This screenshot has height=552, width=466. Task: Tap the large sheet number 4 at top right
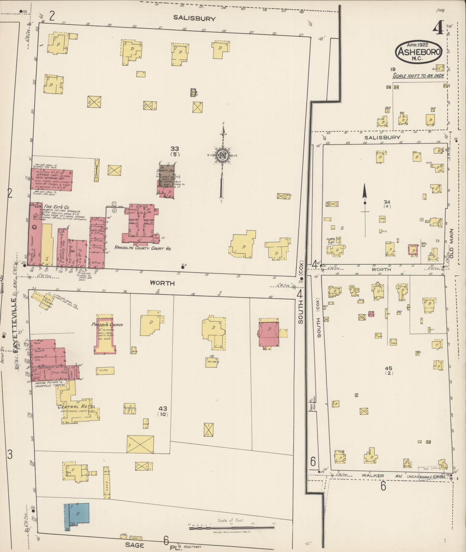tap(438, 28)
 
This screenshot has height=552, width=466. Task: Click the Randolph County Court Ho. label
tap(143, 248)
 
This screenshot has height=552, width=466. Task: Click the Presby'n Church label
tap(107, 325)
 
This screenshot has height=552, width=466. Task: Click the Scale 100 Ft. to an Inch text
tap(418, 76)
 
